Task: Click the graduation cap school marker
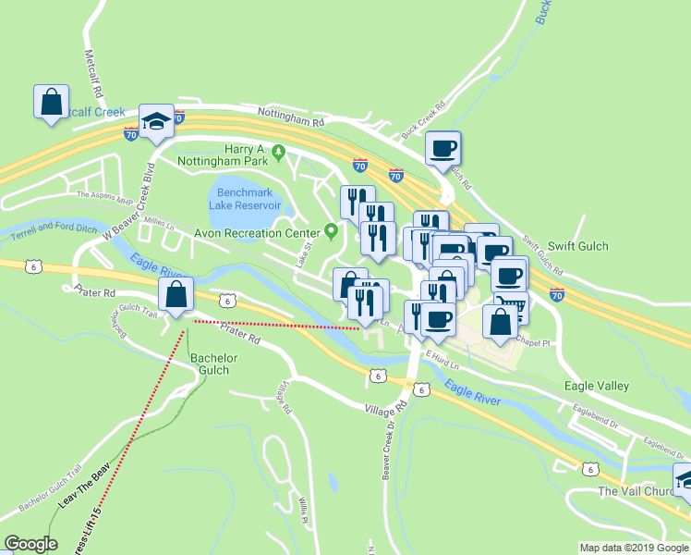point(156,121)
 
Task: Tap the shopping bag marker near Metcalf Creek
point(51,102)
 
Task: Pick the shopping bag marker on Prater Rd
point(176,295)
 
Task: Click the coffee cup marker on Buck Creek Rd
point(442,148)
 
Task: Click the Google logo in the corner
point(30,544)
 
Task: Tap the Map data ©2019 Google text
point(634,548)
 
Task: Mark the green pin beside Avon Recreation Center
point(332,231)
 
